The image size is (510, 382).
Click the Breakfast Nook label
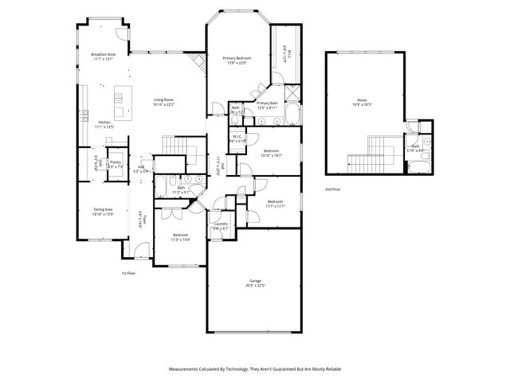click(x=104, y=57)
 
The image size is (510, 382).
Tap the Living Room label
click(x=163, y=102)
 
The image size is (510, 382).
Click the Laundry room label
click(x=221, y=226)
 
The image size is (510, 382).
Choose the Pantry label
click(x=116, y=164)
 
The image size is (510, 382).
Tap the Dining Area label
click(x=104, y=211)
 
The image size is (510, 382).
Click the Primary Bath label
click(x=267, y=105)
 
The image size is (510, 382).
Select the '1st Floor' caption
click(x=127, y=273)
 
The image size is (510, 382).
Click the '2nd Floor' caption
click(x=332, y=189)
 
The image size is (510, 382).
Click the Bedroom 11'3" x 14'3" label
click(x=181, y=237)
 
